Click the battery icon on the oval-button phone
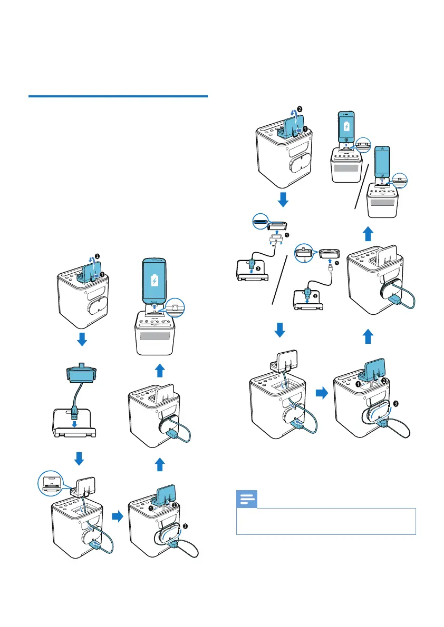coord(154,280)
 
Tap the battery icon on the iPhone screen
coord(346,126)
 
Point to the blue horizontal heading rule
coord(118,97)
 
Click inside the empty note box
coord(326,521)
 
